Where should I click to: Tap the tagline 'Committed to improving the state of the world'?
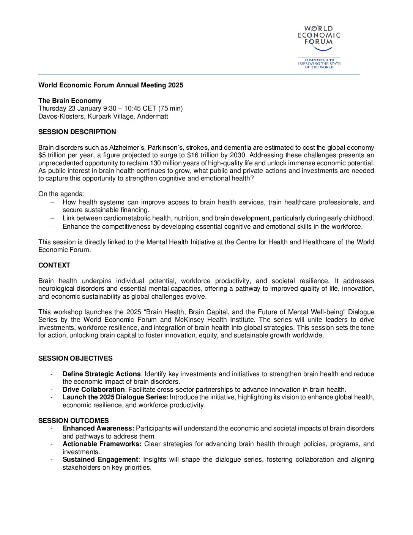[319, 63]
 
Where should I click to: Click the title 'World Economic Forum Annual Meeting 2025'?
[110, 85]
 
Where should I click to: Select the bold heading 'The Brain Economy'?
[70, 101]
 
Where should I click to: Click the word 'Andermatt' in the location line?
[153, 116]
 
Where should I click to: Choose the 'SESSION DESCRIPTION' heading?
[77, 132]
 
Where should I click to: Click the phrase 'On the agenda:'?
[61, 194]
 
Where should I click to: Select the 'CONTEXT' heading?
[54, 265]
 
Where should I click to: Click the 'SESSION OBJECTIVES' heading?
[75, 358]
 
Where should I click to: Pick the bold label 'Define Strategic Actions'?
[101, 374]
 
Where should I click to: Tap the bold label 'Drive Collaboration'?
[93, 389]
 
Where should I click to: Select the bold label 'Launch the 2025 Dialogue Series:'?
[115, 397]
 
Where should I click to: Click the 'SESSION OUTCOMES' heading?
[73, 421]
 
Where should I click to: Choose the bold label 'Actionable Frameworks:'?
[102, 444]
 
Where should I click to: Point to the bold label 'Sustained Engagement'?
[100, 459]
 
